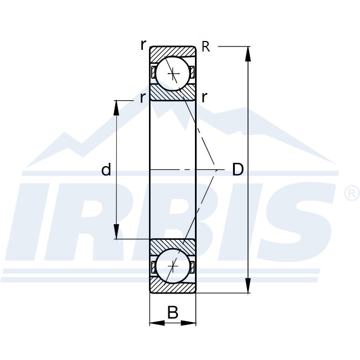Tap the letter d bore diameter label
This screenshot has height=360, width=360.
(106, 170)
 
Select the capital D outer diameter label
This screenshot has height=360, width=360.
(237, 169)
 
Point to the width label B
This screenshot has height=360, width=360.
(173, 313)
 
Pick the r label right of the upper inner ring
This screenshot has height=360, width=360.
(204, 99)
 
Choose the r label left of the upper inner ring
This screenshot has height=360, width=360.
(143, 99)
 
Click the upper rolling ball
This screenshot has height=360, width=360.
(173, 72)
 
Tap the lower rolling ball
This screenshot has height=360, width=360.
(173, 267)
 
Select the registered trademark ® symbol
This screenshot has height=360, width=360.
(352, 193)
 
